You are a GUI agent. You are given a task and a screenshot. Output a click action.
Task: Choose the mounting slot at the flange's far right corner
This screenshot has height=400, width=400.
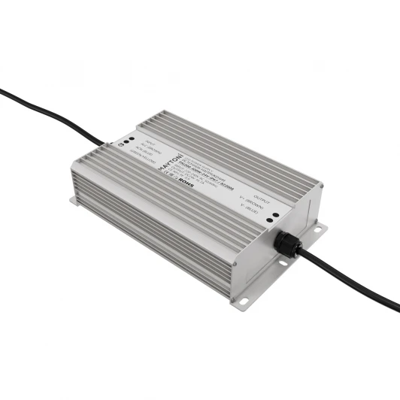[317, 229]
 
